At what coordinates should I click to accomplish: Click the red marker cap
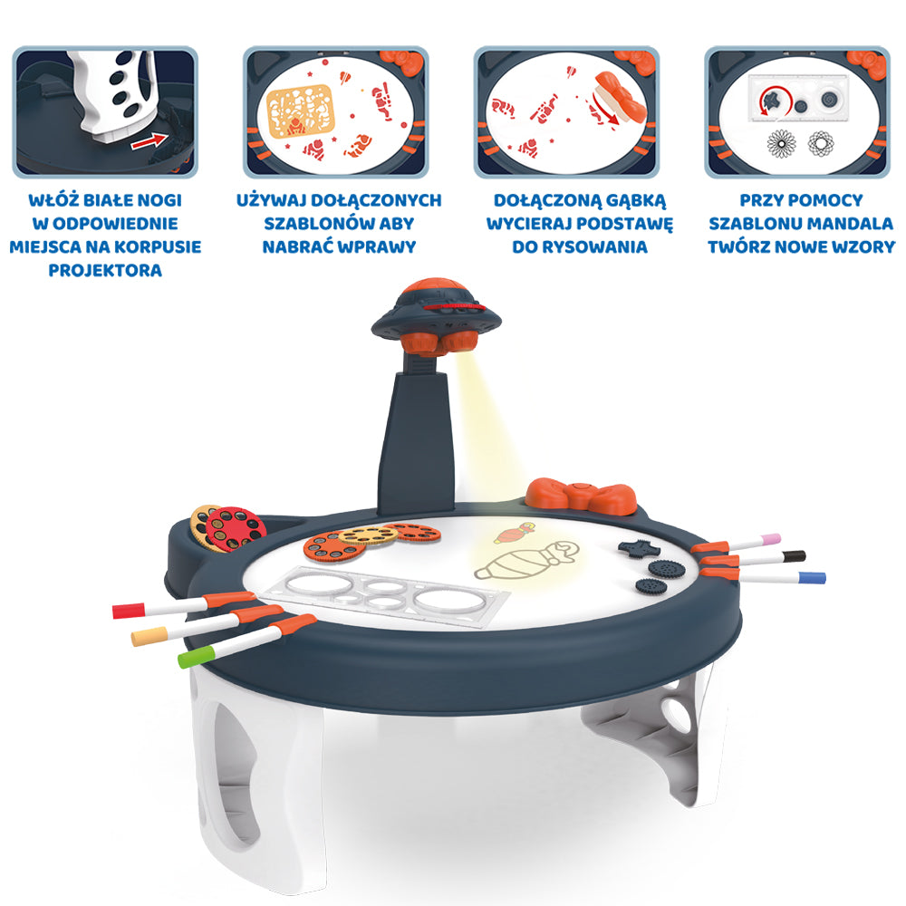click(x=129, y=610)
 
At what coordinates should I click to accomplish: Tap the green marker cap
click(x=197, y=657)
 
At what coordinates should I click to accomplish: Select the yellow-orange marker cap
click(x=149, y=636)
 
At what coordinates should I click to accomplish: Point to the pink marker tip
click(x=771, y=539)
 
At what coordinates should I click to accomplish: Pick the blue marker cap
click(x=812, y=577)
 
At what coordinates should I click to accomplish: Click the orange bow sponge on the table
click(x=581, y=496)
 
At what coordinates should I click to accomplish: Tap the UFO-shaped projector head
click(x=437, y=315)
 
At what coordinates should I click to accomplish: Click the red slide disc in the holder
click(x=236, y=528)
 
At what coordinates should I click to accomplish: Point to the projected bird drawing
click(x=514, y=533)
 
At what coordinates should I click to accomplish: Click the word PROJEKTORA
click(x=105, y=270)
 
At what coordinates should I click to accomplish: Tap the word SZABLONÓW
click(x=307, y=224)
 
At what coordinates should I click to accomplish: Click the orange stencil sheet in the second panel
click(x=301, y=111)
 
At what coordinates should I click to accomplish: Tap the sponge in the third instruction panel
click(x=622, y=97)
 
